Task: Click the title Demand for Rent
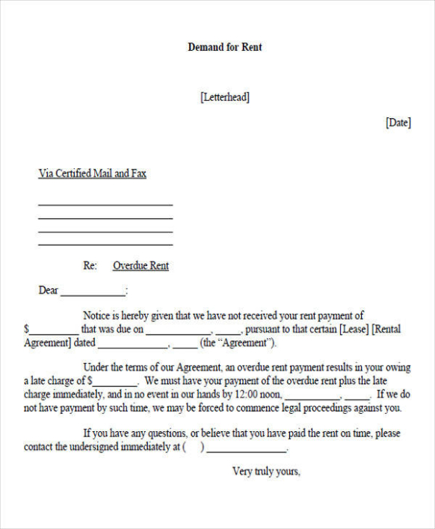click(x=224, y=47)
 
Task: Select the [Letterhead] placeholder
click(x=224, y=97)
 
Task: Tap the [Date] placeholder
click(x=398, y=123)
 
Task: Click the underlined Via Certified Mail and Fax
click(x=92, y=173)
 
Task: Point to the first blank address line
click(x=105, y=204)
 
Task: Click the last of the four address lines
click(x=105, y=244)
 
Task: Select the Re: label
click(x=90, y=266)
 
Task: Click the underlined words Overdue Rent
click(x=141, y=266)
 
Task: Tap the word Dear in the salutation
click(x=49, y=291)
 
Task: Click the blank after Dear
click(x=93, y=294)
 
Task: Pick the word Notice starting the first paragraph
click(x=98, y=316)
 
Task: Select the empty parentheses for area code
click(x=193, y=447)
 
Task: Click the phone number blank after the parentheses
click(x=246, y=450)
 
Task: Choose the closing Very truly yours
click(x=266, y=471)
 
